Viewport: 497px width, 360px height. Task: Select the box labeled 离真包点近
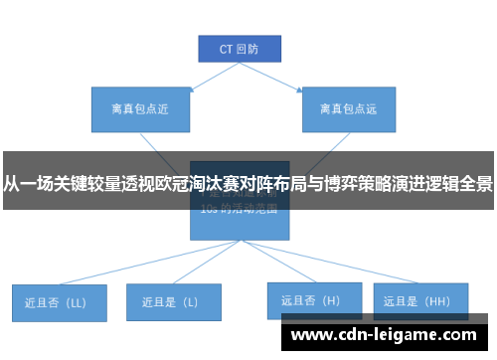click(136, 108)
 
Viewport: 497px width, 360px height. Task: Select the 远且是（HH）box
click(417, 299)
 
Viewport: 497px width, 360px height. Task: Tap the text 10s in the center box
click(210, 210)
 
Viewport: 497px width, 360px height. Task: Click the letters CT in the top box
click(226, 47)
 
